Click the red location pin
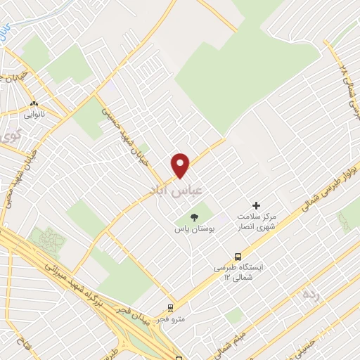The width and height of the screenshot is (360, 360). point(181,165)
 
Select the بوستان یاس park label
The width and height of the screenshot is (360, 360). point(195,229)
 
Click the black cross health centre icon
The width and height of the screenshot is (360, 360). point(256,205)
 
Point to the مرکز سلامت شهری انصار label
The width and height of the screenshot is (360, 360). point(257,221)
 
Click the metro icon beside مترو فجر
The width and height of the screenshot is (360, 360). point(170,308)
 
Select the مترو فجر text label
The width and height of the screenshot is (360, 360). point(172,321)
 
